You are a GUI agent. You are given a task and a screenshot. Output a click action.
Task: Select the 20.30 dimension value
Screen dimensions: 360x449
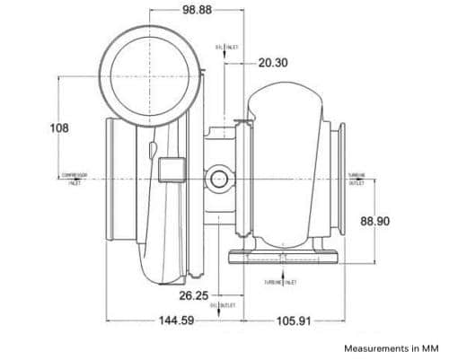point(273,63)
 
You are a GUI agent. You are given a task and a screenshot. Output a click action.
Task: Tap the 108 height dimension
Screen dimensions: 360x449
point(58,127)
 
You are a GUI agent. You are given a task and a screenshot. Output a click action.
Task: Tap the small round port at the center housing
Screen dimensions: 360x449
point(219,179)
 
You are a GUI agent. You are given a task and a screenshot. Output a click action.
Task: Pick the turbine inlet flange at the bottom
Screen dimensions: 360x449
point(285,258)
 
